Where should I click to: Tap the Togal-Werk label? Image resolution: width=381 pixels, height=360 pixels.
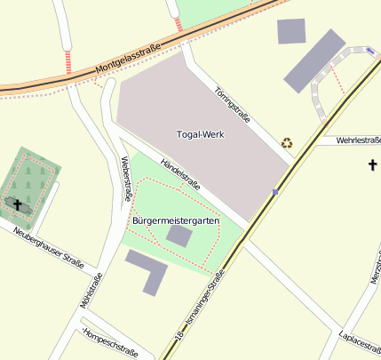pyautogui.click(x=200, y=134)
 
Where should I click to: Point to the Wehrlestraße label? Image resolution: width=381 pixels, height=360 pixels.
pyautogui.click(x=359, y=140)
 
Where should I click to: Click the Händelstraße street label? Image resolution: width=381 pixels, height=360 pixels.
pyautogui.click(x=179, y=175)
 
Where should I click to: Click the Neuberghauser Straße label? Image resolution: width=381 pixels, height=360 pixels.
pyautogui.click(x=49, y=248)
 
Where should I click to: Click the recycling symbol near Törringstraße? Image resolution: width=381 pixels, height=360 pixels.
pyautogui.click(x=287, y=142)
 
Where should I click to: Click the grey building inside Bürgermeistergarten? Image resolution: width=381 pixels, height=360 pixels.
pyautogui.click(x=179, y=236)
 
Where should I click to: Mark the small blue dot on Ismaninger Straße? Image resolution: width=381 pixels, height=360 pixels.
pyautogui.click(x=276, y=191)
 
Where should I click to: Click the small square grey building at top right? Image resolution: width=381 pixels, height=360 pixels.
pyautogui.click(x=291, y=31)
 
